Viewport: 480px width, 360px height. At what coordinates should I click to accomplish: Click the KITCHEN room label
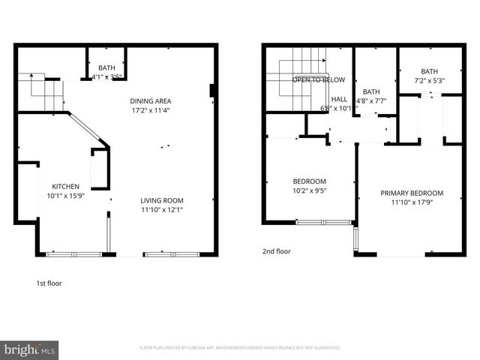pos(65,187)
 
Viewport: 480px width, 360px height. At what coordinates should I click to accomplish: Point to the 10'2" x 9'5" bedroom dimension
pos(309,190)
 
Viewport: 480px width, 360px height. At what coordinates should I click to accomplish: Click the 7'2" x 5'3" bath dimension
pos(429,81)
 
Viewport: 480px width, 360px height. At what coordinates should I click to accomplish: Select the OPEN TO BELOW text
pos(319,79)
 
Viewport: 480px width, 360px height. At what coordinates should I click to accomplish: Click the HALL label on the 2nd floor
pos(339,99)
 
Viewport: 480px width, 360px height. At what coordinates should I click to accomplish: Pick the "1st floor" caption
pos(49,283)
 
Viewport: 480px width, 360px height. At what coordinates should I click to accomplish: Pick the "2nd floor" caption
pos(276,251)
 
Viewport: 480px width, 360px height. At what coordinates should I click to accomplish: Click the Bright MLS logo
pos(30,349)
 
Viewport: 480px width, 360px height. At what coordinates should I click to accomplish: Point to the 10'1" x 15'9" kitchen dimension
pos(65,196)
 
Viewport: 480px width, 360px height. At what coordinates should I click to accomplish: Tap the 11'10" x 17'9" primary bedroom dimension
pos(411,202)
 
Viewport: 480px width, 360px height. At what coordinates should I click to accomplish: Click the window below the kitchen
pos(73,255)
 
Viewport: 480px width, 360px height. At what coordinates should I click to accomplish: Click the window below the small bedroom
pos(324,222)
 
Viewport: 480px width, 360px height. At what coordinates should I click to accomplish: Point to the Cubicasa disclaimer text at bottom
pos(240,348)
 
